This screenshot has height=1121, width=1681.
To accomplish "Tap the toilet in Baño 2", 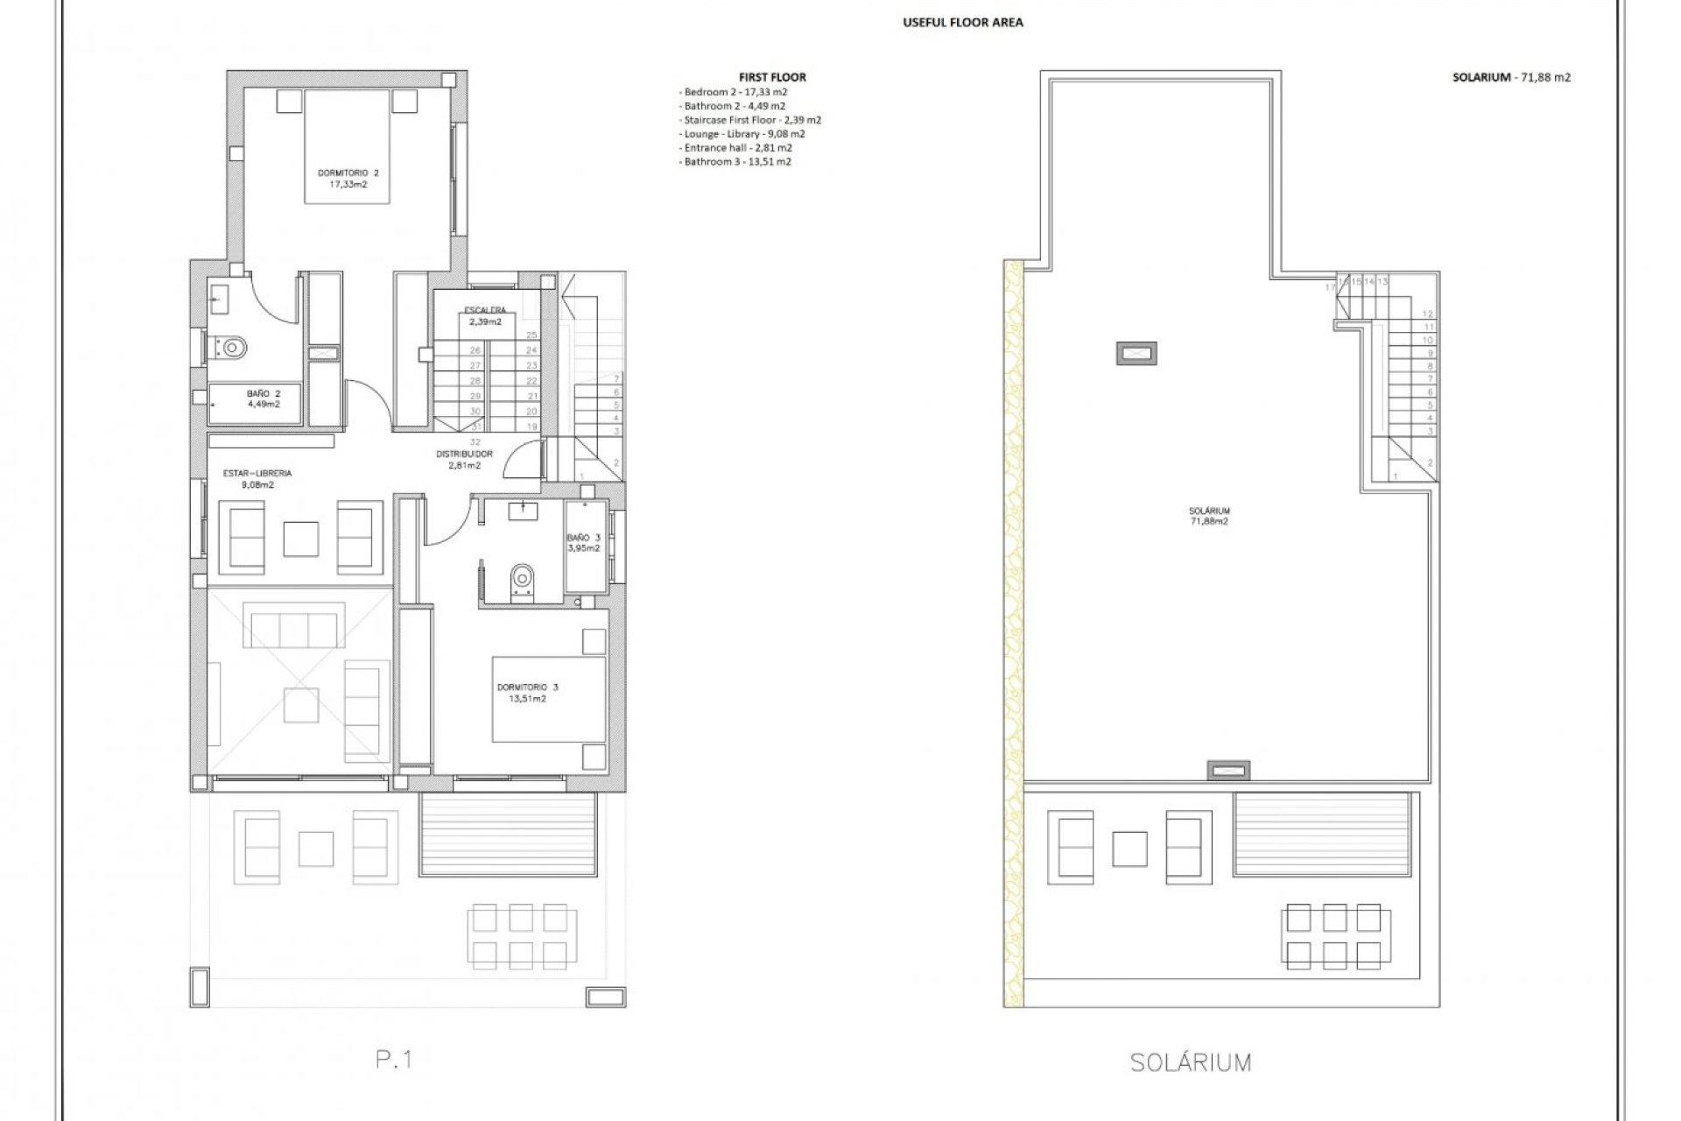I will (231, 348).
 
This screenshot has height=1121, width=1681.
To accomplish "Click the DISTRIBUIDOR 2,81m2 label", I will (464, 460).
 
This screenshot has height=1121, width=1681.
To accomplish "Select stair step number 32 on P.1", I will (475, 441).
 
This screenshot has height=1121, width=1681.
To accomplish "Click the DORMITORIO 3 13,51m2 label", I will (527, 693).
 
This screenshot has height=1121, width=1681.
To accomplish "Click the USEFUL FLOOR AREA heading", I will (962, 23).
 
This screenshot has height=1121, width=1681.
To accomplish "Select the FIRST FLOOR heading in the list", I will (772, 77).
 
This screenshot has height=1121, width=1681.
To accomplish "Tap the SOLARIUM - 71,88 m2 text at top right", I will (1511, 77).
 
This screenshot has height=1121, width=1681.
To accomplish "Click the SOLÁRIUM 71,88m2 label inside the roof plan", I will (1209, 516).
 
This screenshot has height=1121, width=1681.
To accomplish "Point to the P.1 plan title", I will (394, 1059).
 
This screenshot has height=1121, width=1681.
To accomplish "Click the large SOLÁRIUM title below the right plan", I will (1190, 1063).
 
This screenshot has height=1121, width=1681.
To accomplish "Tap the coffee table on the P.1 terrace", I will (316, 849).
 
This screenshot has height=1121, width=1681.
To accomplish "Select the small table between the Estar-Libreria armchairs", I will (301, 538).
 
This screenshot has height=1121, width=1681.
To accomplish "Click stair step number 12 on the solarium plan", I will (1427, 314).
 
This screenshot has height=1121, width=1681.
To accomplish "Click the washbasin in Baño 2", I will (218, 295).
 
